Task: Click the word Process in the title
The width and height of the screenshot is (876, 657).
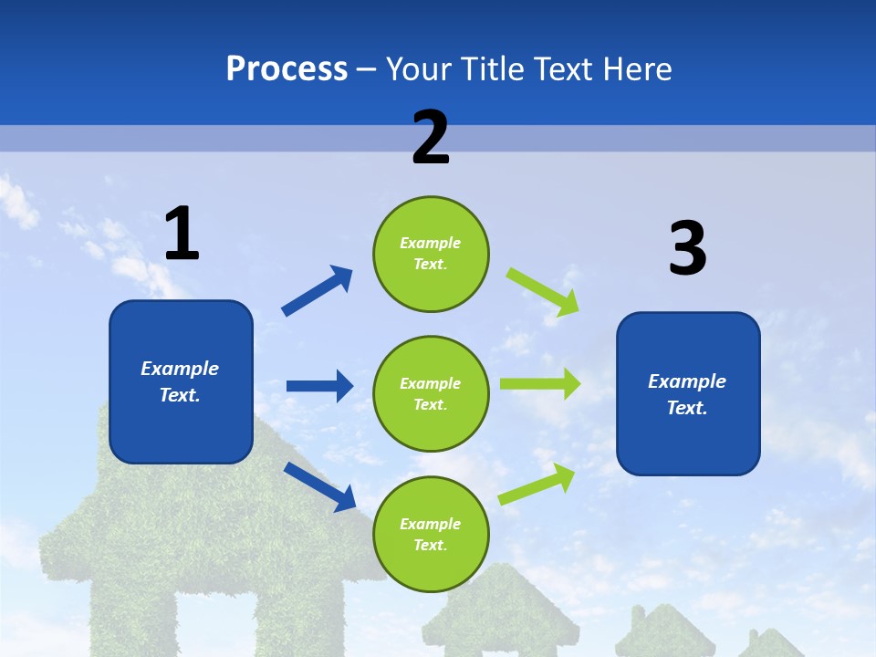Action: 287,69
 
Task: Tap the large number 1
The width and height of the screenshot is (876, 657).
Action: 182,235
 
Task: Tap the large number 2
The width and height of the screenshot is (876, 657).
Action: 431,138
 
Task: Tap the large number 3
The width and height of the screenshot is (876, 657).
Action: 687,249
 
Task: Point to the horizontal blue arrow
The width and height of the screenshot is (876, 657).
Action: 319,386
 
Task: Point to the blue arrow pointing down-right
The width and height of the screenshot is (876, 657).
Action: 320,486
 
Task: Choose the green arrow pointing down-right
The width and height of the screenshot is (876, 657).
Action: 543,291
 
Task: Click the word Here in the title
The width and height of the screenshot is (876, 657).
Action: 638,69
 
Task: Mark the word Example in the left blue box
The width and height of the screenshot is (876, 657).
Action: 180,369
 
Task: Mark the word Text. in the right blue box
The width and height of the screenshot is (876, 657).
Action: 687,408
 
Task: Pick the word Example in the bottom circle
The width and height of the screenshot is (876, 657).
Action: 430,524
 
